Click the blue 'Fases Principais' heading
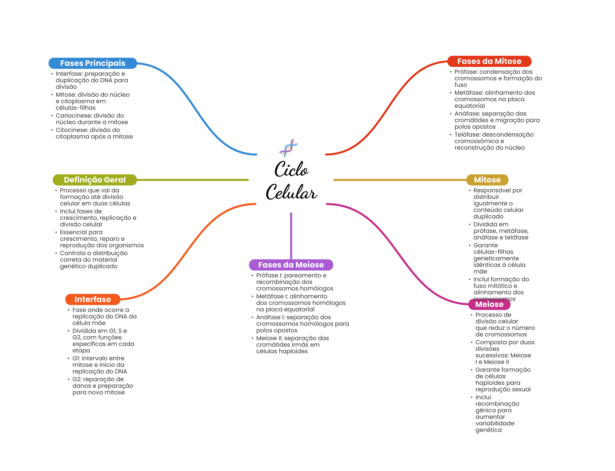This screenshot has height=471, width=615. click(92, 63)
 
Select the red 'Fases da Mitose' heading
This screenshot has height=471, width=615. click(489, 61)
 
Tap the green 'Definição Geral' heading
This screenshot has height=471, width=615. click(95, 180)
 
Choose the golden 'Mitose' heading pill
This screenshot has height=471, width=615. click(487, 180)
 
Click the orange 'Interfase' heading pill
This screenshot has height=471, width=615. click(92, 299)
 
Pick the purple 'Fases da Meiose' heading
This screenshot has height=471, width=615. click(291, 265)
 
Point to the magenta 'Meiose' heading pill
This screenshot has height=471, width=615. click(489, 304)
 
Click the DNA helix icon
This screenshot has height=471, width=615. click(288, 148)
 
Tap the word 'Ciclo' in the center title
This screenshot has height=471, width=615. click(291, 169)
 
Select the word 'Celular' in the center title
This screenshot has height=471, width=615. click(291, 192)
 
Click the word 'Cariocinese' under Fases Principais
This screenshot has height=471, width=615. click(72, 116)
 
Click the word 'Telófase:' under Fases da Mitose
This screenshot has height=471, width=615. click(467, 134)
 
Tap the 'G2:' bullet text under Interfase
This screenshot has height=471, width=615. click(77, 379)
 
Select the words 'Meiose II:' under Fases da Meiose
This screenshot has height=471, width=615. click(269, 338)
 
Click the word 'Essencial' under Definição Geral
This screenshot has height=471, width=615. click(72, 232)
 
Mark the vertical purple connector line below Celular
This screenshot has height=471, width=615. click(291, 236)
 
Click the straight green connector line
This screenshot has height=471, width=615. click(193, 180)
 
